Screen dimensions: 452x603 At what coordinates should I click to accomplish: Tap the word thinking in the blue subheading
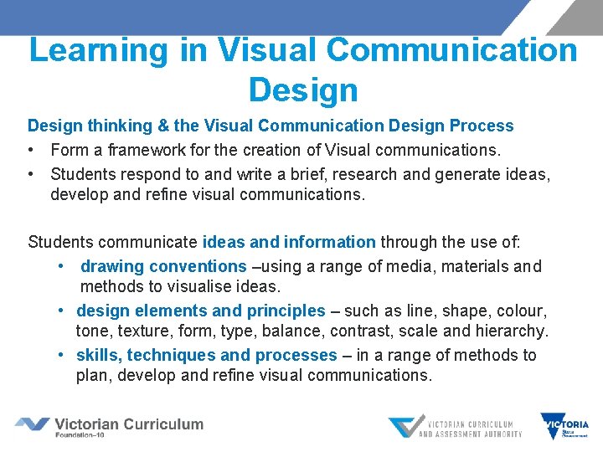click(115, 126)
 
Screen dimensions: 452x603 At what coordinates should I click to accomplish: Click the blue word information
click(329, 243)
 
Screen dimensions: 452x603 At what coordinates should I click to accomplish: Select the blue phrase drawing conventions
click(163, 266)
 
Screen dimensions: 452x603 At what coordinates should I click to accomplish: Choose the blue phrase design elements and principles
click(200, 311)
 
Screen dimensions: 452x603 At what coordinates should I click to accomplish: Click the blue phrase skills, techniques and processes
click(206, 355)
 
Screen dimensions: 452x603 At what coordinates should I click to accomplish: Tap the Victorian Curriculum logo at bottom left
click(109, 426)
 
